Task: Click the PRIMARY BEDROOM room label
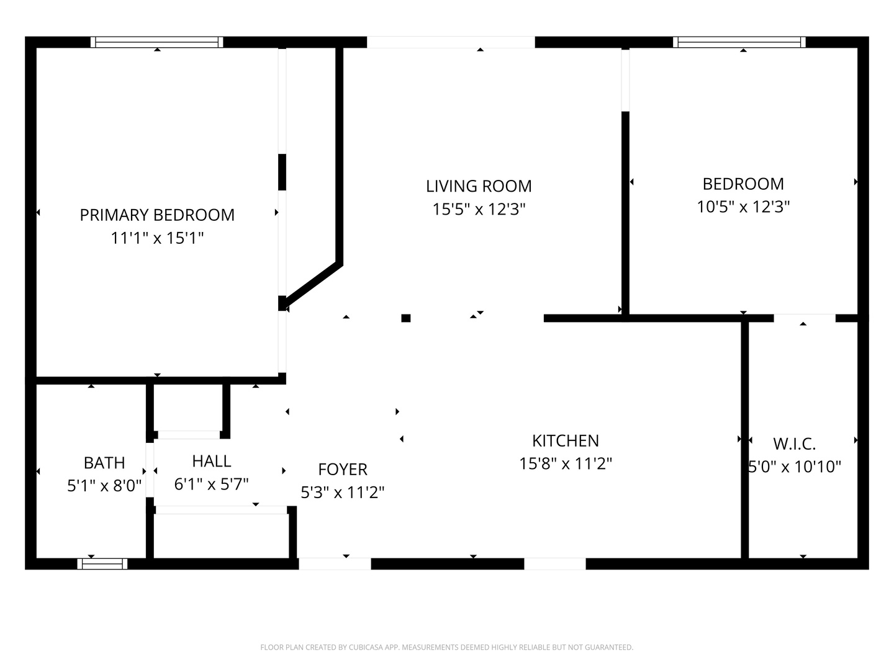[157, 215]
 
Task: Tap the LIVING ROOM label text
[479, 186]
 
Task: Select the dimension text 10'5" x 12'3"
[743, 207]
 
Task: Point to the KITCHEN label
[566, 440]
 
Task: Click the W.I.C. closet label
[794, 444]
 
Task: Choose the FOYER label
[343, 470]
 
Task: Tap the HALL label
[211, 462]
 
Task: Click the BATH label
[104, 463]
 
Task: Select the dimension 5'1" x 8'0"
[104, 486]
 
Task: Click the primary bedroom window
[157, 42]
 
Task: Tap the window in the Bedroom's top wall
[739, 42]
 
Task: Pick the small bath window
[102, 563]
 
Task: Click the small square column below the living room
[405, 318]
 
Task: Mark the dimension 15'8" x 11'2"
[566, 463]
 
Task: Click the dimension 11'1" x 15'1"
[157, 238]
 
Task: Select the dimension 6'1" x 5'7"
[211, 484]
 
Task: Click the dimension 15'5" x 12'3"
[479, 209]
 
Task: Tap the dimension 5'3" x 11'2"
[343, 492]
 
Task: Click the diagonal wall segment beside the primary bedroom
[313, 285]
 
